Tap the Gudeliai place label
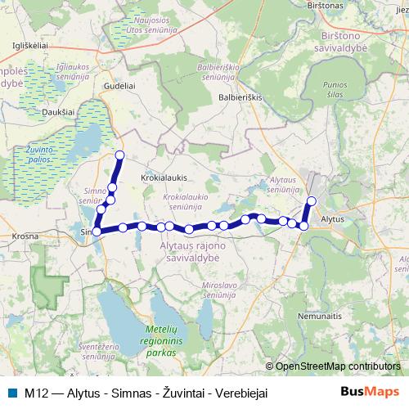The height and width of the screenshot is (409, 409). (119, 85)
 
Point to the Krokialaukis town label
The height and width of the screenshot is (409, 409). (164, 176)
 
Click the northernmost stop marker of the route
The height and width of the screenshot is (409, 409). (119, 155)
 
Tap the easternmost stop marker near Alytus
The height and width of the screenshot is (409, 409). (311, 200)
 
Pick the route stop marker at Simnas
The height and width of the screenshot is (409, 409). (97, 231)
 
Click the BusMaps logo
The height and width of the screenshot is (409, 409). (370, 392)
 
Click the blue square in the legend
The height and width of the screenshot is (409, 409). (11, 393)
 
